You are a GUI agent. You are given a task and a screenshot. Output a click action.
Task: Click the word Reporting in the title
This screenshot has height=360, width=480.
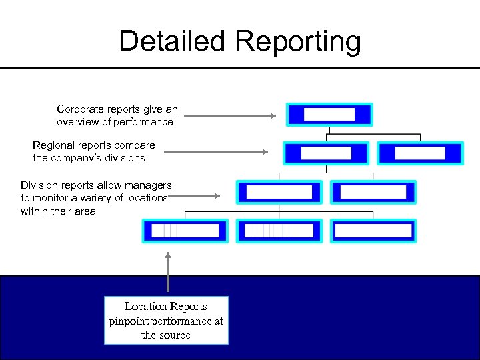pyautogui.click(x=298, y=42)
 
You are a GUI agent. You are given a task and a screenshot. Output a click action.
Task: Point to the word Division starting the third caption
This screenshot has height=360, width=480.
pyautogui.click(x=41, y=185)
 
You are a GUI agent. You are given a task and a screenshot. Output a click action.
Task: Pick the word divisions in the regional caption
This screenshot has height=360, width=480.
pyautogui.click(x=124, y=158)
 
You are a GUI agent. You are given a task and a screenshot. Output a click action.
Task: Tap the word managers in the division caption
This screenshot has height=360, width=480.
pyautogui.click(x=150, y=185)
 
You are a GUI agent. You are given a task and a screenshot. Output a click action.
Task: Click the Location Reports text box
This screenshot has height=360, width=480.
pyautogui.click(x=166, y=320)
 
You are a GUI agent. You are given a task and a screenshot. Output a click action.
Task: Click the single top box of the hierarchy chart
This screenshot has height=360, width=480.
pyautogui.click(x=329, y=114)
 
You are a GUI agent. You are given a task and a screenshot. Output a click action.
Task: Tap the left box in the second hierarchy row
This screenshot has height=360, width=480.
pyautogui.click(x=325, y=153)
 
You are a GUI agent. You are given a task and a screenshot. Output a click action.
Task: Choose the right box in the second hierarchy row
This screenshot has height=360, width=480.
pyautogui.click(x=419, y=153)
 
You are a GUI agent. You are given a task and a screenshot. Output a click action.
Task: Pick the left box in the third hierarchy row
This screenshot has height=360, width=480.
pyautogui.click(x=279, y=192)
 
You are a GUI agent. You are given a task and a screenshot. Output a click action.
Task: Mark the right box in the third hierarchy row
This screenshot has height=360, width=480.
pyautogui.click(x=373, y=192)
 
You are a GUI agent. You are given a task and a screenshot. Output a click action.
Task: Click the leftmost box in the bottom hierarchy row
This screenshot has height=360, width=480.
pyautogui.click(x=185, y=231)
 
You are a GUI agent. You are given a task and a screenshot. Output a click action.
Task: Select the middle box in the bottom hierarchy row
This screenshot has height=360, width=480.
pyautogui.click(x=279, y=231)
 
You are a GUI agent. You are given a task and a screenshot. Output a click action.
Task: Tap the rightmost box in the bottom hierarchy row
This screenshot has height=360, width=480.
pyautogui.click(x=373, y=231)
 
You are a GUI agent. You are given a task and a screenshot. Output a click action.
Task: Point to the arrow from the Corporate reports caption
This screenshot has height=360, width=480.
pyautogui.click(x=229, y=116)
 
